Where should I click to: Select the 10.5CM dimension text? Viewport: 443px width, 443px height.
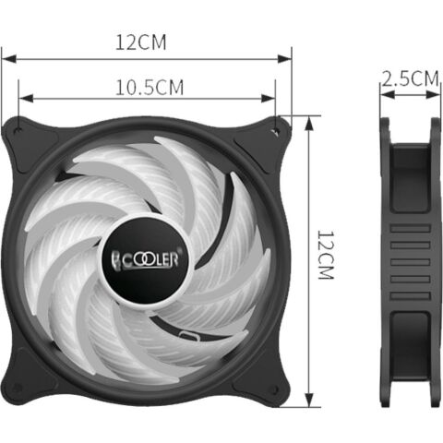pyautogui.click(x=149, y=88)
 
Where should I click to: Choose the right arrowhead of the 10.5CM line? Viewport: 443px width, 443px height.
pyautogui.click(x=273, y=97)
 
